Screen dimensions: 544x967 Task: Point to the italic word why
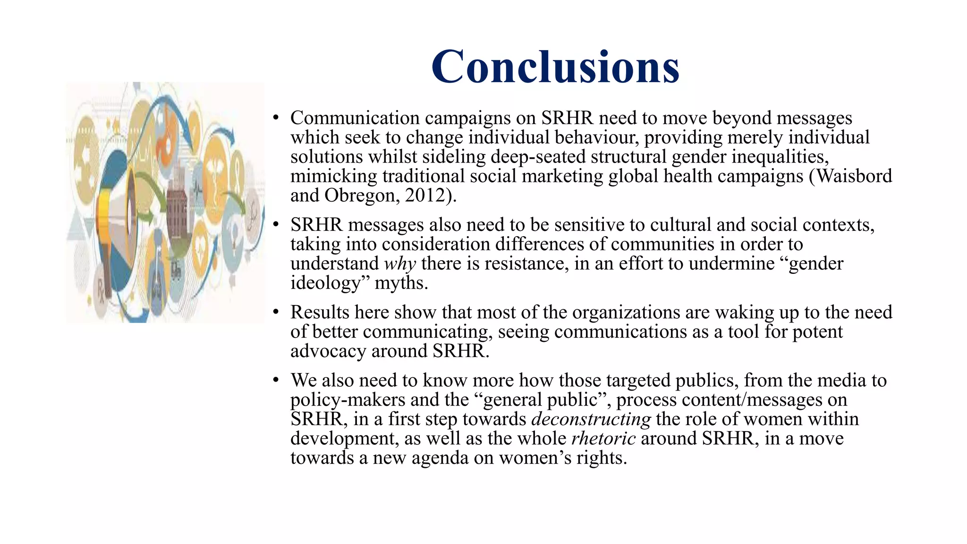point(400,263)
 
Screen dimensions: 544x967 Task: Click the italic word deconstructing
point(591,419)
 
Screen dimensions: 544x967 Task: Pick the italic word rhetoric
point(603,439)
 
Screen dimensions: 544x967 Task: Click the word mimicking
point(333,176)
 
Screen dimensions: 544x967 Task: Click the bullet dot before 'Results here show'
point(276,313)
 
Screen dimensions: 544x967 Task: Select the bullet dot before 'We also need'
point(276,381)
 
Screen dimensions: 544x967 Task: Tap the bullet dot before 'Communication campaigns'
point(276,118)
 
